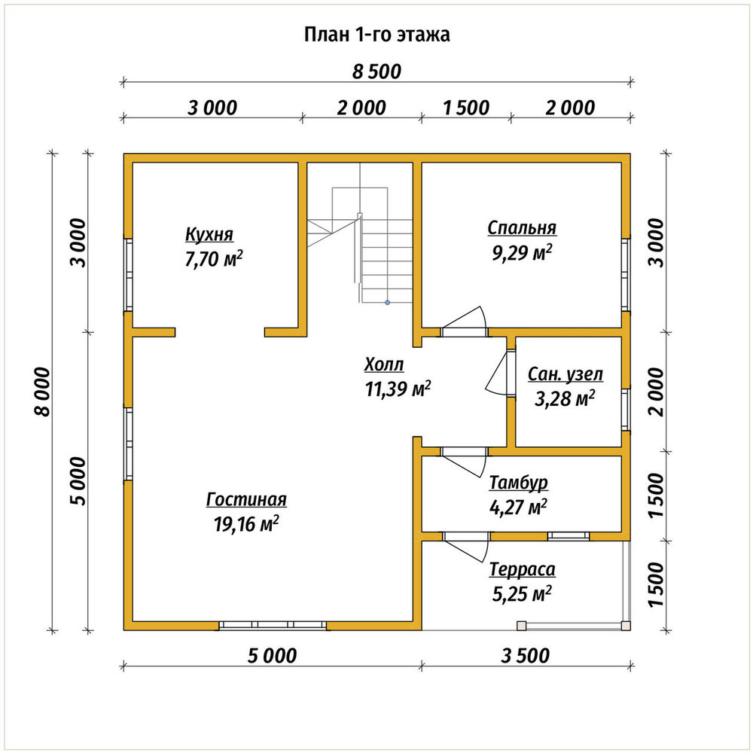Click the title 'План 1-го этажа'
[377, 35]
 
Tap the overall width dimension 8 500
[376, 72]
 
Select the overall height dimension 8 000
[42, 392]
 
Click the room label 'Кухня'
[209, 234]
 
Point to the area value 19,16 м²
[246, 524]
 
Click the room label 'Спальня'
[522, 227]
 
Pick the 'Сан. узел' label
[566, 374]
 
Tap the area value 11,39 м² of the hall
[398, 389]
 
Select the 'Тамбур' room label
[519, 483]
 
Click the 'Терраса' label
[523, 569]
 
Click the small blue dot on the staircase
[388, 303]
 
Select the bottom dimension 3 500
[526, 656]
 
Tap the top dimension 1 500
[466, 108]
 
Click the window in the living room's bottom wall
[273, 625]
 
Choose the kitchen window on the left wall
[128, 274]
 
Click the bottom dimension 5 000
[273, 656]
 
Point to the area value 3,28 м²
[565, 398]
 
